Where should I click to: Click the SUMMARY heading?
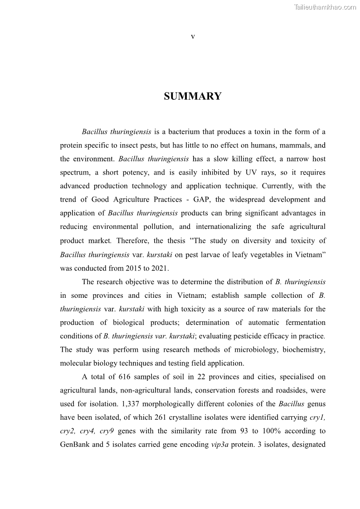click(193, 97)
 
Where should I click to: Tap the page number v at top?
click(193, 37)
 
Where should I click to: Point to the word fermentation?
click(304, 322)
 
